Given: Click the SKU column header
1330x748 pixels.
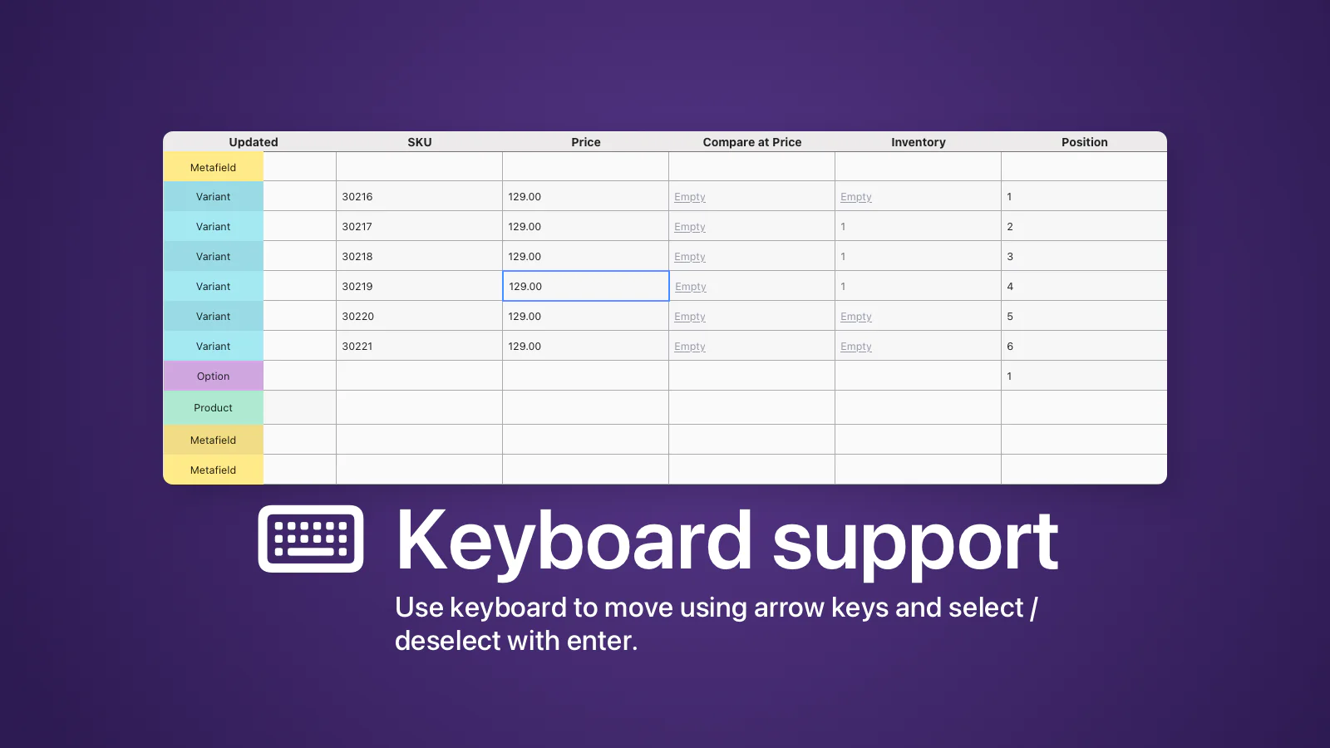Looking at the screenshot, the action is click(x=419, y=142).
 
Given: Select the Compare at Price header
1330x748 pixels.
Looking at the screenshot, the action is click(x=751, y=142).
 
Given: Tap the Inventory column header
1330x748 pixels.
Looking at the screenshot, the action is click(x=918, y=142).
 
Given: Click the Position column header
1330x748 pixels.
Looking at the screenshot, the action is click(x=1084, y=142).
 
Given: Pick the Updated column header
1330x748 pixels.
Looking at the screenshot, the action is click(x=253, y=142).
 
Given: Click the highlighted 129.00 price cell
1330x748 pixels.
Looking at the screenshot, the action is click(x=585, y=286).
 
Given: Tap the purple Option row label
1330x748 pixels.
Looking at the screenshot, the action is click(x=213, y=376).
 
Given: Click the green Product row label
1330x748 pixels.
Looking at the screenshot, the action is click(x=213, y=408).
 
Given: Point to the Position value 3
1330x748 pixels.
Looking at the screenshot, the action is click(x=1010, y=257).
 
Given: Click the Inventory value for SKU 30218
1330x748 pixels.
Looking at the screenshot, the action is click(x=843, y=257).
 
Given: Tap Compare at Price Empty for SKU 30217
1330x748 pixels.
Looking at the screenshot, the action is click(x=689, y=227).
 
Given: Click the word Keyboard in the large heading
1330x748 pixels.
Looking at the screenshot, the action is click(x=574, y=540).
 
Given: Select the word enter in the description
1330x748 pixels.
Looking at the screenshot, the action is click(x=599, y=641).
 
